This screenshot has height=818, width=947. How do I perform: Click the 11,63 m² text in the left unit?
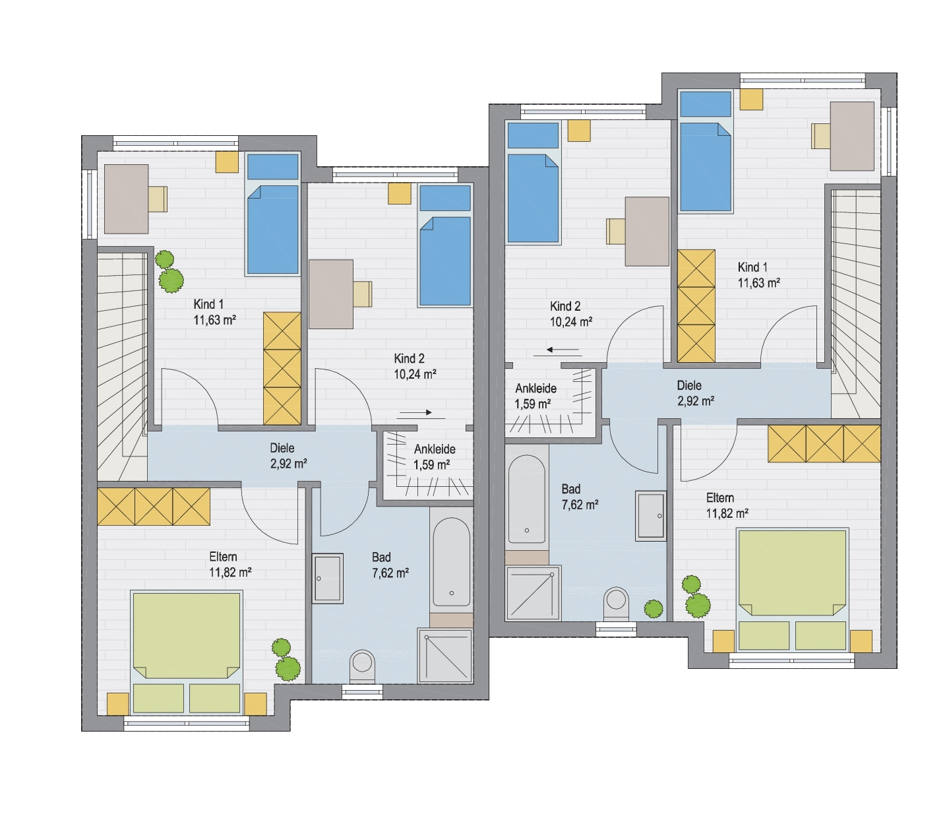pyautogui.click(x=214, y=319)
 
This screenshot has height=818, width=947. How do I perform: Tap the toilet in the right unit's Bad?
pyautogui.click(x=616, y=604)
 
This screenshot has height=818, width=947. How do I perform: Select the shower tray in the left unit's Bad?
pyautogui.click(x=445, y=656)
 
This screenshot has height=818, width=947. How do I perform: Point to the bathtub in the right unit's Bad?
pyautogui.click(x=527, y=499)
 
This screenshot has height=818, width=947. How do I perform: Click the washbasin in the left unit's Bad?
pyautogui.click(x=328, y=579)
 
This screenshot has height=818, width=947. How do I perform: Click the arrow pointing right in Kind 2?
pyautogui.click(x=415, y=412)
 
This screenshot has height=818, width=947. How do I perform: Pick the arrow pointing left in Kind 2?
pyautogui.click(x=564, y=350)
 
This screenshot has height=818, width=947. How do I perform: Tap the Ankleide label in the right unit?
pyautogui.click(x=535, y=388)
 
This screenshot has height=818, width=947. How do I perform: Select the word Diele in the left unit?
pyautogui.click(x=282, y=448)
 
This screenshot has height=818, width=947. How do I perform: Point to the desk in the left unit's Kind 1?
pyautogui.click(x=126, y=199)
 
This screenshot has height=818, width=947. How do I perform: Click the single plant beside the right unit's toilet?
pyautogui.click(x=654, y=609)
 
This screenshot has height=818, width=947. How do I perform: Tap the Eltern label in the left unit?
pyautogui.click(x=223, y=556)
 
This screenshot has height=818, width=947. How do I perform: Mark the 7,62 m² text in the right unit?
pyautogui.click(x=580, y=505)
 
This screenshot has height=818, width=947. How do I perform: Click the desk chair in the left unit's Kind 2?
pyautogui.click(x=363, y=294)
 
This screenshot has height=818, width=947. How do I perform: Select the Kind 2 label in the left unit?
pyautogui.click(x=409, y=358)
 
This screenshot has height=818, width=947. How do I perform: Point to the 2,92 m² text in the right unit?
pyautogui.click(x=696, y=401)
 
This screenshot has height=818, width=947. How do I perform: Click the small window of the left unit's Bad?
pyautogui.click(x=362, y=693)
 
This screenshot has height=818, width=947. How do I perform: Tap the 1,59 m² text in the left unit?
pyautogui.click(x=431, y=464)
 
